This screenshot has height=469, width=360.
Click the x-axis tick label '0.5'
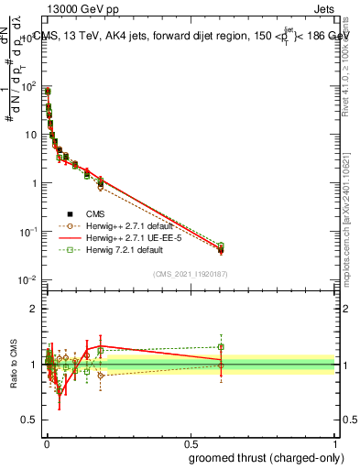191,443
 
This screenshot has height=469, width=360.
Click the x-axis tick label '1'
335,443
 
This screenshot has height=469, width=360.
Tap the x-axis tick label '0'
47,443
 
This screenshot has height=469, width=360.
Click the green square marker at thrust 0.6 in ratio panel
221,347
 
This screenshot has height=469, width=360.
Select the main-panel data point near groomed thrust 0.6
221,248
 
